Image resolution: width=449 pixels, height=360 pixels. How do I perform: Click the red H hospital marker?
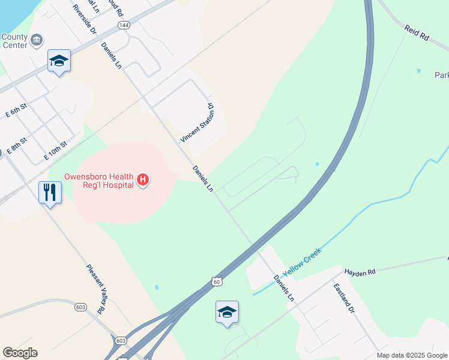point(143,179)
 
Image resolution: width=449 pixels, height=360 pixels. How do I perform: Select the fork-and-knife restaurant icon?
point(50,193)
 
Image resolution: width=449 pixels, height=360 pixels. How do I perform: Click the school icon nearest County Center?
point(59,61)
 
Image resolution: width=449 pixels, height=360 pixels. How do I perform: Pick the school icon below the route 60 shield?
point(227,312)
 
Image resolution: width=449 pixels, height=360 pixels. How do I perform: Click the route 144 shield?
point(123,25)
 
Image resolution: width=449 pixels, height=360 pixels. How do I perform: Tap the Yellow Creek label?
point(302,262)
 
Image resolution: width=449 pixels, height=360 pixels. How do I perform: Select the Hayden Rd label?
point(360,272)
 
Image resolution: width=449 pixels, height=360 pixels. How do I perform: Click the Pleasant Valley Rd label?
point(95,289)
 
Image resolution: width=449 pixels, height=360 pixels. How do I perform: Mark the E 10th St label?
point(55,150)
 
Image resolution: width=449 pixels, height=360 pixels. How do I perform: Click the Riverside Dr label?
point(84,18)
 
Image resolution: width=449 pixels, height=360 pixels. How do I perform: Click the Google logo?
point(20,353)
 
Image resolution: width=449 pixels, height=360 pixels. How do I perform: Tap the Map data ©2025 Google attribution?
point(411,355)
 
